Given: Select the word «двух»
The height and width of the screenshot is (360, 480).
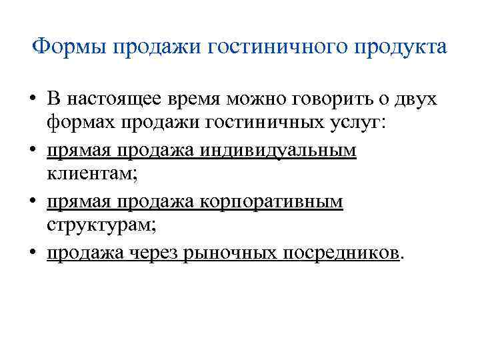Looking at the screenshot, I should point(418,99).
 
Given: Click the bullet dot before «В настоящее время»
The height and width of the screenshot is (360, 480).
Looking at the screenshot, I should point(32,101).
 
